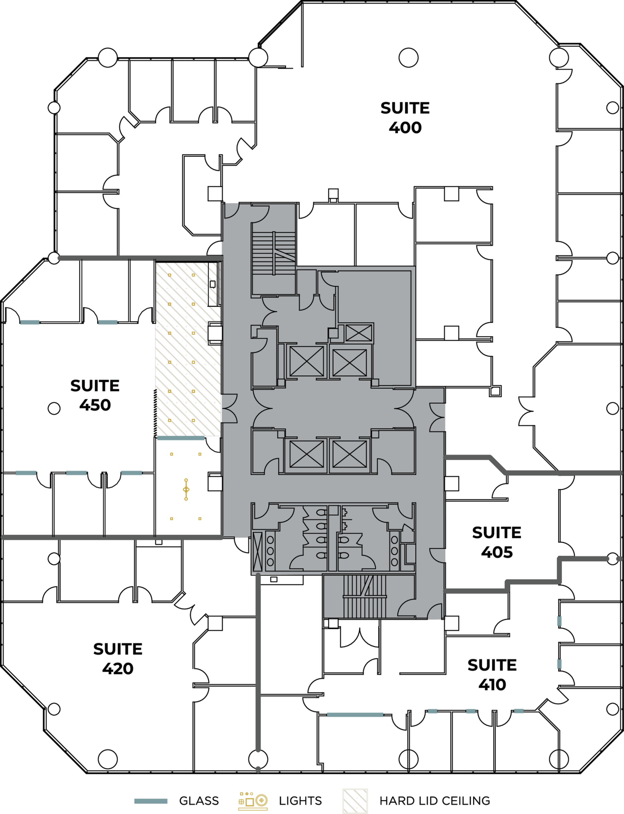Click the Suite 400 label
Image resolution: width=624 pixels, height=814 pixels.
[x=405, y=118]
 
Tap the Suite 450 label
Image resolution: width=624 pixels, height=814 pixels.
[x=95, y=395]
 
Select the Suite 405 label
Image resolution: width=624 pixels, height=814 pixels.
[x=496, y=542]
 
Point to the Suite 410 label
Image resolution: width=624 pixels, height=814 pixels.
[x=492, y=675]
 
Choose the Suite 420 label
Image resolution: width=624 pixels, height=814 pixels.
[x=118, y=659]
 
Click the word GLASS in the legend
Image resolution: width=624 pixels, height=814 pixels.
[x=199, y=800]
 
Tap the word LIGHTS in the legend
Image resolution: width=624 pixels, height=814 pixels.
[x=300, y=800]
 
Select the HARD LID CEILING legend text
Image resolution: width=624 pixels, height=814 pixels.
[x=435, y=800]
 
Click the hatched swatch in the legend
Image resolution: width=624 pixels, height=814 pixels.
[x=355, y=800]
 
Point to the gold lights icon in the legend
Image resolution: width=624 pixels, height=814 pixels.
[x=253, y=800]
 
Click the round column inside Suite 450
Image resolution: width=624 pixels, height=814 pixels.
[x=54, y=408]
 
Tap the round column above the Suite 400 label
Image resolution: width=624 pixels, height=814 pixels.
[x=408, y=58]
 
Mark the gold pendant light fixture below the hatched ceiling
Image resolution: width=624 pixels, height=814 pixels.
[x=186, y=489]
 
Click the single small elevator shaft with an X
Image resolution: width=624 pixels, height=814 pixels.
[x=358, y=333]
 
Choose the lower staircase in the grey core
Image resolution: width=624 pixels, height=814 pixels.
[x=364, y=597]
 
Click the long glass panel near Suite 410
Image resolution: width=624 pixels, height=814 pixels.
[x=355, y=715]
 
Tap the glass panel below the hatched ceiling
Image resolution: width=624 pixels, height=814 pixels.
[x=181, y=438]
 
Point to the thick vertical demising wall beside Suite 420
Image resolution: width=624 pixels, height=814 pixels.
[x=258, y=664]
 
